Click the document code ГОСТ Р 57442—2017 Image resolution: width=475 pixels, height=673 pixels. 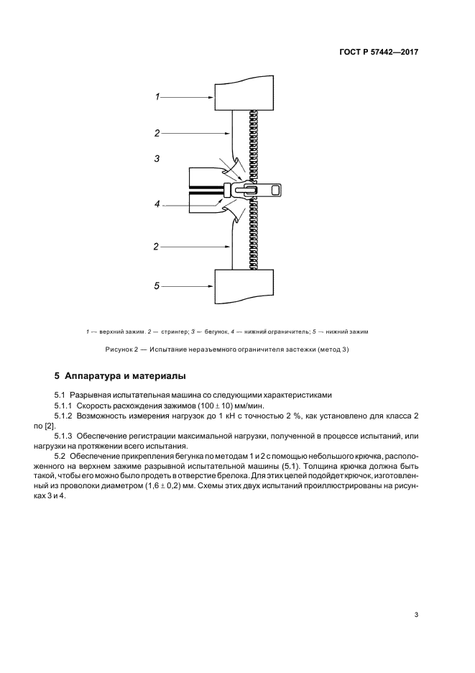click(378, 52)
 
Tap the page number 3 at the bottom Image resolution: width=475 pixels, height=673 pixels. click(416, 614)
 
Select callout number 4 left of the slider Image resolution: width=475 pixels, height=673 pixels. click(157, 204)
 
